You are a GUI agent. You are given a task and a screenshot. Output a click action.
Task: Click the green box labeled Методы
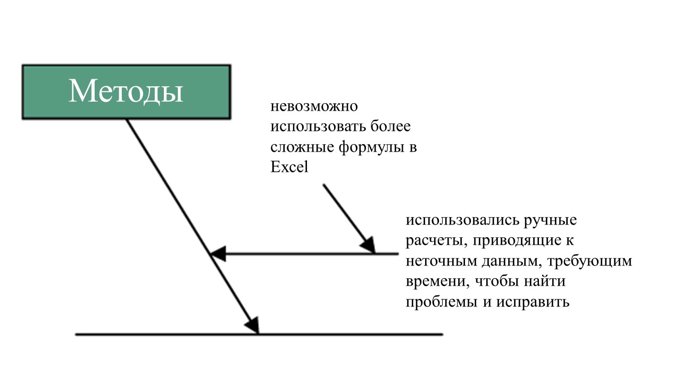[127, 92]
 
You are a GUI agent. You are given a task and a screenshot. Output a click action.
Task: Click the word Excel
[289, 167]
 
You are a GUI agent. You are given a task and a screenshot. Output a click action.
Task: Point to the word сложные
[302, 147]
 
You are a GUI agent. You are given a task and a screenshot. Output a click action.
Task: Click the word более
[391, 126]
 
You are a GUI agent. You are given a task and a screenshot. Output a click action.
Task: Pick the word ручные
[550, 221]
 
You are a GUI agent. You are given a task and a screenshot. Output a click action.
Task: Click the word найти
[544, 281]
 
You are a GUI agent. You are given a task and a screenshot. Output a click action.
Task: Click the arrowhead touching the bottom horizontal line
[253, 326]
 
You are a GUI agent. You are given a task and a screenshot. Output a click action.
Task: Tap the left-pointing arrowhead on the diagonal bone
[218, 254]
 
